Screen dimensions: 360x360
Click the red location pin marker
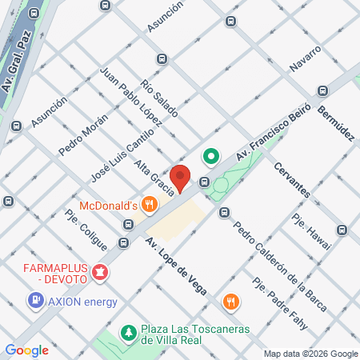click(180, 177)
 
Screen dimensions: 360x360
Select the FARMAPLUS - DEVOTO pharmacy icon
click(100, 274)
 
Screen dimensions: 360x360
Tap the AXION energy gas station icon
click(36, 301)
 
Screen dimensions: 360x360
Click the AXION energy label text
click(82, 302)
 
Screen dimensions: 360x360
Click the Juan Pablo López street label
click(130, 95)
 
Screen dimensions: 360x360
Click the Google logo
click(27, 350)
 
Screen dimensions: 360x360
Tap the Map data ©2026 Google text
click(311, 354)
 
